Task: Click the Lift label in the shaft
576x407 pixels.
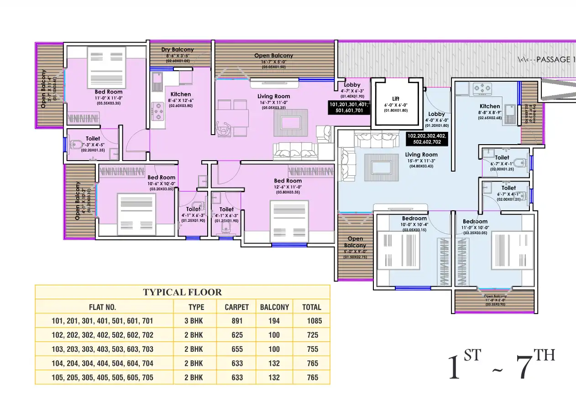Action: click(x=395, y=99)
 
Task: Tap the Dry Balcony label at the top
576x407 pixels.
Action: click(x=178, y=50)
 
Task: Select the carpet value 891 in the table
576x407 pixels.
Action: click(x=237, y=321)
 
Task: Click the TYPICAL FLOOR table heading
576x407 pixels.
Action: click(x=182, y=292)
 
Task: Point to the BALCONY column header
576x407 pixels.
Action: click(x=274, y=307)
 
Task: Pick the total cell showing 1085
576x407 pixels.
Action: click(x=312, y=321)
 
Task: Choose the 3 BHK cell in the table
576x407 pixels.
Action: click(x=194, y=321)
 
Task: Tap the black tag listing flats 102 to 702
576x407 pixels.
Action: click(x=427, y=139)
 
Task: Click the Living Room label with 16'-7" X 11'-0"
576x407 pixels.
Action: click(x=273, y=96)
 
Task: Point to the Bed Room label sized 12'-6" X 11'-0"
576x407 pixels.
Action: click(x=288, y=181)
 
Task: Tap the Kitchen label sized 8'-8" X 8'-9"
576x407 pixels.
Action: click(x=490, y=106)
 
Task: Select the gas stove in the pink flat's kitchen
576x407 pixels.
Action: click(x=158, y=110)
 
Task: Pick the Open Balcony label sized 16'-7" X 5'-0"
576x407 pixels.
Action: click(x=273, y=56)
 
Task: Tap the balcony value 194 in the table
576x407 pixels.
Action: click(x=274, y=321)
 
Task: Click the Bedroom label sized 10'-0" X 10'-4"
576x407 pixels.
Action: click(x=414, y=219)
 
